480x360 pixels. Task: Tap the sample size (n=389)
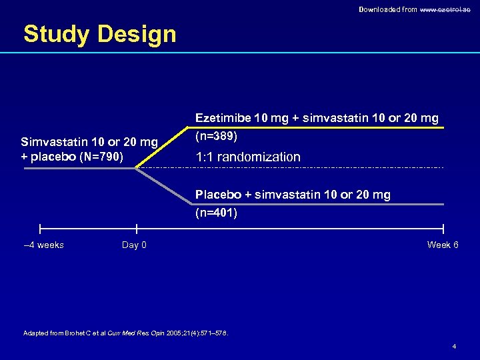click(x=216, y=135)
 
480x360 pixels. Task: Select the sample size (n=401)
click(x=216, y=213)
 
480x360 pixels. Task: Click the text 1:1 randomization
click(x=247, y=157)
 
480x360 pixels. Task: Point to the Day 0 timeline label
click(x=134, y=245)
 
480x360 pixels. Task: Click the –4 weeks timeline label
click(x=43, y=245)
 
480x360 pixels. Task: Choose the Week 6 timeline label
click(x=443, y=245)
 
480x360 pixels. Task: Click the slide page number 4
click(x=454, y=347)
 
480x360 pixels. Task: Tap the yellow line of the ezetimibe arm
click(x=320, y=127)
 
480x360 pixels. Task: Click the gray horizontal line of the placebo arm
click(x=320, y=204)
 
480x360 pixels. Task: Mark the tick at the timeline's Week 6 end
click(x=443, y=229)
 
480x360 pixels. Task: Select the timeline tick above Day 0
click(x=137, y=229)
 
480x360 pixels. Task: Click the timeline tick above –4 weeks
click(x=40, y=229)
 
